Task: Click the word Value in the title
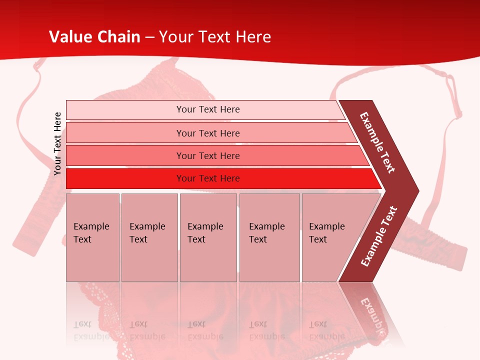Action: point(70,37)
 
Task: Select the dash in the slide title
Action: point(149,37)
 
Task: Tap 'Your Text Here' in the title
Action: point(215,37)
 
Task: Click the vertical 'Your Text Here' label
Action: point(57,143)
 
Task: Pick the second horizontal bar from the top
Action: point(208,133)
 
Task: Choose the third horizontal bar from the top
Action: point(208,155)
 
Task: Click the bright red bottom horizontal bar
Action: point(208,178)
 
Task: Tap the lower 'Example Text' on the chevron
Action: point(379,236)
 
